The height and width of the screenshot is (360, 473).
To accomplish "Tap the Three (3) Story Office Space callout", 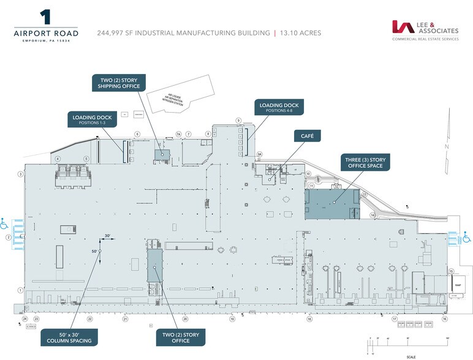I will (x=365, y=163).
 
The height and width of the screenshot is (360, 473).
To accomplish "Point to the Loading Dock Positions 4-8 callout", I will (x=279, y=108).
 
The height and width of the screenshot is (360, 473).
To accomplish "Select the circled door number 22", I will (x=89, y=319).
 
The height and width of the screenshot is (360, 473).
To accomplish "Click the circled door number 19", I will (x=232, y=319).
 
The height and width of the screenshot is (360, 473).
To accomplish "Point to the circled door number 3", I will (x=20, y=174).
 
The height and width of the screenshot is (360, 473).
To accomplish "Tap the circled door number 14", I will (x=372, y=215).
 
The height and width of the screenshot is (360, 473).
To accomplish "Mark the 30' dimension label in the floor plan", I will (x=107, y=236).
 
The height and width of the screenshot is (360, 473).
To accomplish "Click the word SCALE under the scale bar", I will (x=411, y=357).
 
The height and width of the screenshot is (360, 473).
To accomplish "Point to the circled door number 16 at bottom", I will (x=445, y=319).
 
